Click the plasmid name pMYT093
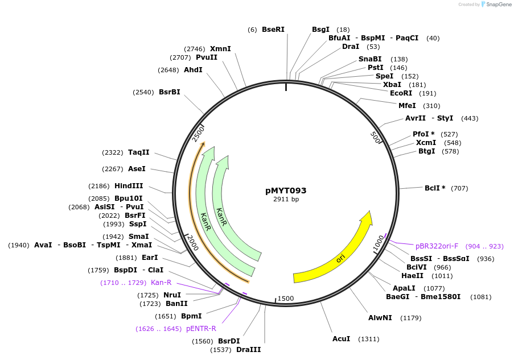point(286,191)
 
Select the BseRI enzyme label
point(273,30)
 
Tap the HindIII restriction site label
point(129,186)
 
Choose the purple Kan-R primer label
point(161,283)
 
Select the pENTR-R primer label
point(201,329)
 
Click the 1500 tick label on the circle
point(285,299)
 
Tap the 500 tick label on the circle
point(375,138)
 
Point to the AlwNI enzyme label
point(380,317)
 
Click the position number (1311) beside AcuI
point(368,339)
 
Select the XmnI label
point(220,49)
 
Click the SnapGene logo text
point(497,5)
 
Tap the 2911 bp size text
point(286,200)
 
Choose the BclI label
point(435,188)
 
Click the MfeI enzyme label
point(407,105)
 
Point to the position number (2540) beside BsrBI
point(143,92)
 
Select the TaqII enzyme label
point(138,152)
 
